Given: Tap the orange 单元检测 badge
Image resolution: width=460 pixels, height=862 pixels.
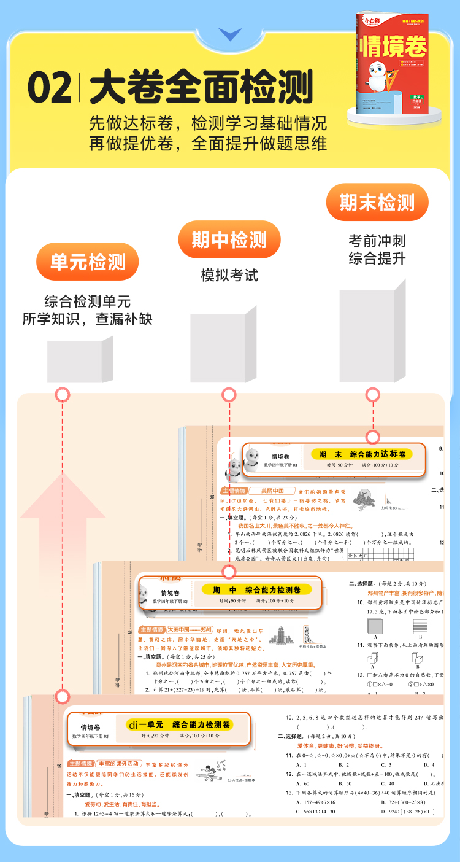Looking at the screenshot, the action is tap(87, 262).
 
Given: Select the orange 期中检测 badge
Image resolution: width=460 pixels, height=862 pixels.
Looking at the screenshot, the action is tap(229, 239).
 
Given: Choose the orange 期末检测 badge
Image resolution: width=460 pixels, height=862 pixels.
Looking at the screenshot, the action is tap(377, 202).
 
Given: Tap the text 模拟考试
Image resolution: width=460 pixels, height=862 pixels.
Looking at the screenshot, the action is tap(229, 275).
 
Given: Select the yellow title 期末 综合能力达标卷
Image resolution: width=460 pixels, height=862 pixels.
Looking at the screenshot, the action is tap(362, 454).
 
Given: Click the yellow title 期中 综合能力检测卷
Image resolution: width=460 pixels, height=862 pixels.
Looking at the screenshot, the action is tap(256, 589).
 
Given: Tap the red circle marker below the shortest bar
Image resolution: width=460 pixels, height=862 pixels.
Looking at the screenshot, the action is tap(63, 394).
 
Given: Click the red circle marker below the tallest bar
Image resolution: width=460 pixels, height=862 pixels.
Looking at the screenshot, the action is tap(372, 394).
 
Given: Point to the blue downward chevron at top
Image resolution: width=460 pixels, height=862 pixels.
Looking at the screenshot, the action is tap(231, 34).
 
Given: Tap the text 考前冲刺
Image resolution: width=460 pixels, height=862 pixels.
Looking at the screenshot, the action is tap(377, 241).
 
